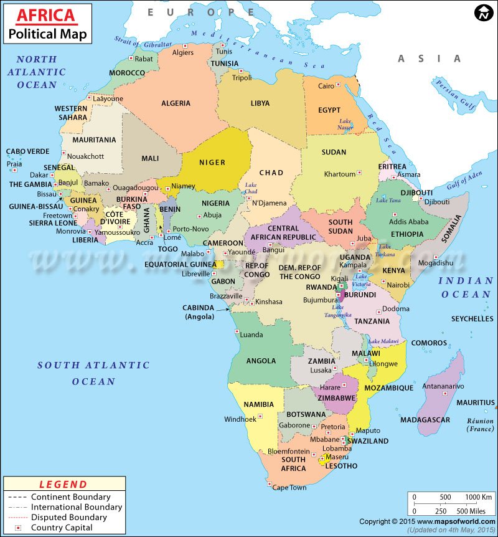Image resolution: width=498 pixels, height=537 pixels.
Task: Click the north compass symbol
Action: pyautogui.click(x=482, y=12)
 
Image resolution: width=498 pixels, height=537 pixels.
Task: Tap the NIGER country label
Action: pyautogui.click(x=212, y=163)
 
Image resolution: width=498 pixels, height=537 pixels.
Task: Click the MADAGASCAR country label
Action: pyautogui.click(x=425, y=420)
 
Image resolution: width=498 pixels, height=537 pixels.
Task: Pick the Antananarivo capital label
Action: pyautogui.click(x=443, y=386)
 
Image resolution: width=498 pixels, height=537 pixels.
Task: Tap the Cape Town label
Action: pyautogui.click(x=289, y=488)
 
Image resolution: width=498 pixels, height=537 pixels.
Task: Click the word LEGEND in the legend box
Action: pyautogui.click(x=63, y=484)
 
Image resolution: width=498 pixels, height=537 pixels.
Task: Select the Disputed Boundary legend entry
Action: pyautogui.click(x=69, y=517)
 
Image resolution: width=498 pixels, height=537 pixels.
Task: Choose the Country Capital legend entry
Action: pyautogui.click(x=62, y=528)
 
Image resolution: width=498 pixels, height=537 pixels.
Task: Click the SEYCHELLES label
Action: pyautogui.click(x=472, y=319)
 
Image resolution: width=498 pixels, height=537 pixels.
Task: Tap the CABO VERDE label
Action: pyautogui.click(x=27, y=151)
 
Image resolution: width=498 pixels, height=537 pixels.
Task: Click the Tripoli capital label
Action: pyautogui.click(x=242, y=78)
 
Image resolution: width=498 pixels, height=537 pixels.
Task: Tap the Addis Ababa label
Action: pyautogui.click(x=408, y=222)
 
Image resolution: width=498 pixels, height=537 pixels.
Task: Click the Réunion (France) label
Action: pyautogui.click(x=480, y=425)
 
